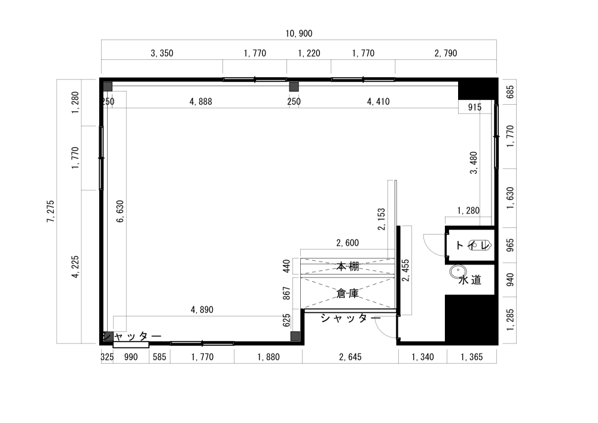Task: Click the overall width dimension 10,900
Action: coord(299,34)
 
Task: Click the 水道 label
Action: coord(470,280)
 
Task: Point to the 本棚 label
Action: coord(347,266)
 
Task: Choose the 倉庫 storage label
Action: coord(347,293)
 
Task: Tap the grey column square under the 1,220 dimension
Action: coord(294,86)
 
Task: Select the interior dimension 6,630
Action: coord(120,211)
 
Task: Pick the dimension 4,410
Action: coord(377,102)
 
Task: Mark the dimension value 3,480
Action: coord(474,163)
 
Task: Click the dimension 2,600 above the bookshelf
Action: coord(347,243)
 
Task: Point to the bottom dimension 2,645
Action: coord(350,357)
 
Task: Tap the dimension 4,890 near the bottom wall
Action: coord(202,310)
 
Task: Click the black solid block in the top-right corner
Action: coord(477,89)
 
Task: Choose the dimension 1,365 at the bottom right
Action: coord(472,357)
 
